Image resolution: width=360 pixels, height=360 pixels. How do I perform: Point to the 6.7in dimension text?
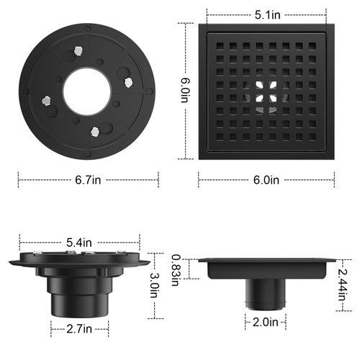pyautogui.click(x=88, y=180)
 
